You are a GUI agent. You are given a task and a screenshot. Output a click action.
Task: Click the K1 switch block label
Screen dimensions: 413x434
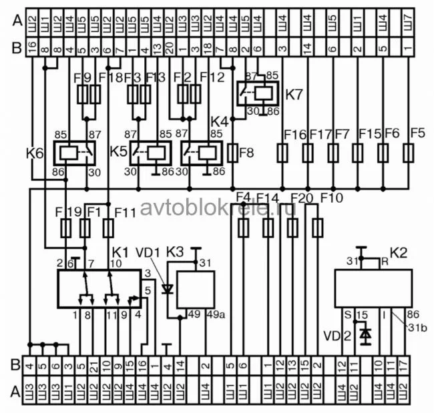click(x=120, y=254)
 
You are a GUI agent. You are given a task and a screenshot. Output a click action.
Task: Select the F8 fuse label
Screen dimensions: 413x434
click(x=246, y=153)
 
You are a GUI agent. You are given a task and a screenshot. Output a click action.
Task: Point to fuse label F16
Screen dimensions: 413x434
click(x=294, y=133)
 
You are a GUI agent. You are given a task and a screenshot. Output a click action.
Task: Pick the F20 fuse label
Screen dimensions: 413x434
click(x=302, y=197)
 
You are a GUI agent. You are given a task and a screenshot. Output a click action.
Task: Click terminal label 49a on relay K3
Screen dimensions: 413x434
click(x=216, y=314)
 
